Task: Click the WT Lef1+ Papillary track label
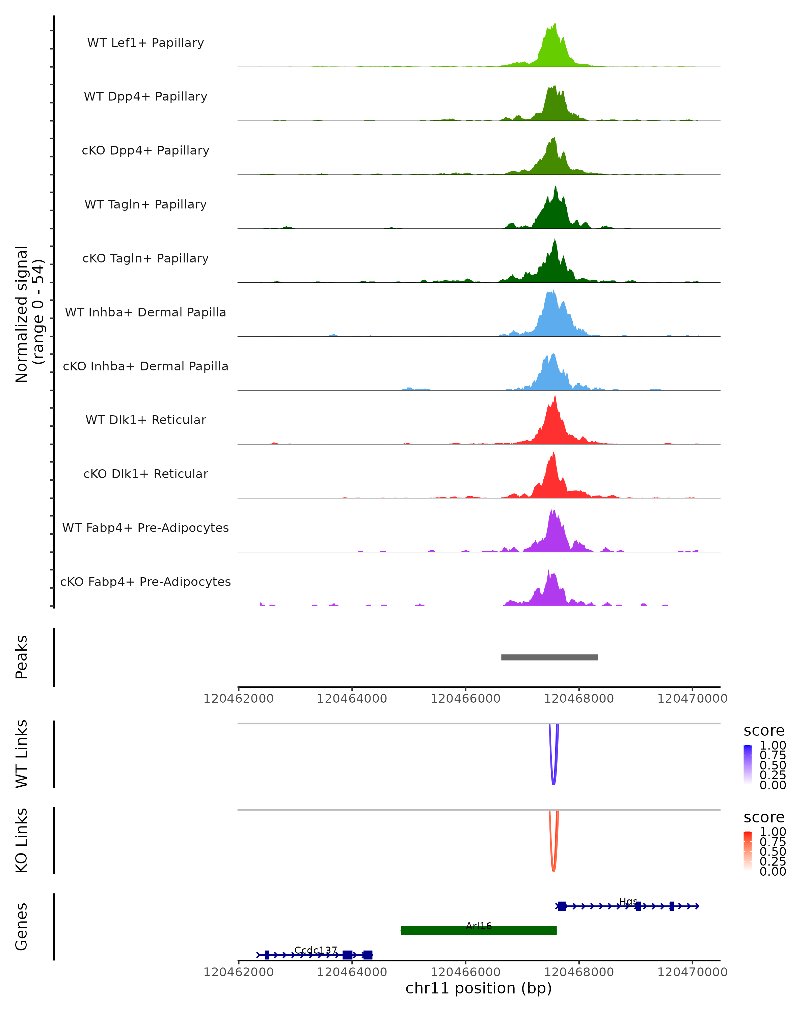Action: pos(145,43)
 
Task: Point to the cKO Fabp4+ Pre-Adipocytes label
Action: pos(145,582)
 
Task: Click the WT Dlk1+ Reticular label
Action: pos(145,420)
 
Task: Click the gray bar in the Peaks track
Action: pos(549,657)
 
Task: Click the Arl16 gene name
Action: pos(479,926)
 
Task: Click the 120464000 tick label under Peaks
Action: pos(352,699)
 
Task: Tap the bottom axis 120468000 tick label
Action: pos(578,972)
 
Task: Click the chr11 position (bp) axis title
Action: pos(479,988)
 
